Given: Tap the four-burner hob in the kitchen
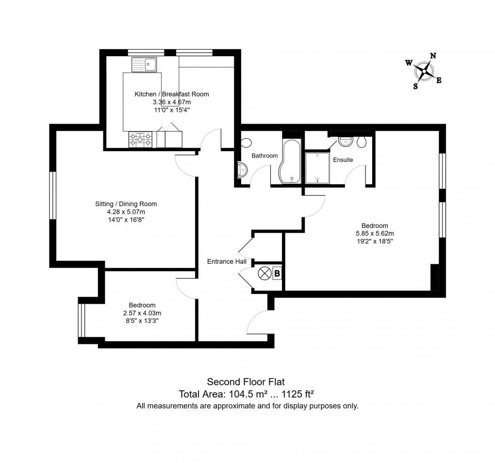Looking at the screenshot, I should point(141,140).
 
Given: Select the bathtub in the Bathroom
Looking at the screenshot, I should point(291,162).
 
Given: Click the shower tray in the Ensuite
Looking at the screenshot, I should point(317,168).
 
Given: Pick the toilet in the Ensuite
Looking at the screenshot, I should point(361,142).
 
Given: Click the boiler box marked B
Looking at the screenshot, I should point(277,273).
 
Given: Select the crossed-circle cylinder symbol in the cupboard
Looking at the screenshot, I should point(264,273).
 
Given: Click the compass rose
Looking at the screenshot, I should point(425,72).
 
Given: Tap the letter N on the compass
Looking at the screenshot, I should point(433,56).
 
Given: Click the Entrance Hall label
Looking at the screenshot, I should point(227,261).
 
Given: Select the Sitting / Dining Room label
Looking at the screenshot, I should point(126,204).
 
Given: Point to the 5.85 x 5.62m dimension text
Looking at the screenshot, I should point(375,233).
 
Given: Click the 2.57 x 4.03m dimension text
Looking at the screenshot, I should point(142,313).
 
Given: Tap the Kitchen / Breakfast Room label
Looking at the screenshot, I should point(172,94).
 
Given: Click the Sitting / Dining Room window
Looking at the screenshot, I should point(53,195).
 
